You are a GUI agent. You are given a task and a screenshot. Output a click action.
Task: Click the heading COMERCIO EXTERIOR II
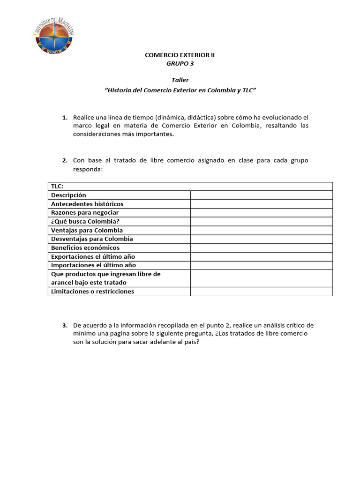[180, 55]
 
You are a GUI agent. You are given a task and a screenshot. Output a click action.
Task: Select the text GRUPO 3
[180, 63]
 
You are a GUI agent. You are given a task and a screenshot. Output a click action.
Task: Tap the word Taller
[180, 80]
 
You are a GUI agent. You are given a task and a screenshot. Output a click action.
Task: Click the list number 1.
[65, 117]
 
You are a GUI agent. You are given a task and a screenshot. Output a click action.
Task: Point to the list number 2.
[65, 161]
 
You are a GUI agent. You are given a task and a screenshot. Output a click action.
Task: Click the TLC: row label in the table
[58, 187]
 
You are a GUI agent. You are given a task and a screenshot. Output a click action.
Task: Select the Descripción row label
[68, 195]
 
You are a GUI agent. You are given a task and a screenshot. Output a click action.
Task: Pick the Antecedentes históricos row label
[87, 204]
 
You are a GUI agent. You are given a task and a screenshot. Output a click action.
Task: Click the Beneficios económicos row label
[85, 247]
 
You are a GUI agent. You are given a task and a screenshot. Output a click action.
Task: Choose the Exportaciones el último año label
[93, 257]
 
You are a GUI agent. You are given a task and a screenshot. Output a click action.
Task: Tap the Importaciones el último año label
[94, 265]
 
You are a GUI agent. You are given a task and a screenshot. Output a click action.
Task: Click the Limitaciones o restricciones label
[93, 292]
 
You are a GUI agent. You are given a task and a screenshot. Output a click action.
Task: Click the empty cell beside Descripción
[261, 195]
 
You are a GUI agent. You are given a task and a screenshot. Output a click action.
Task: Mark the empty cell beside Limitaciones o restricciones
[261, 292]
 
